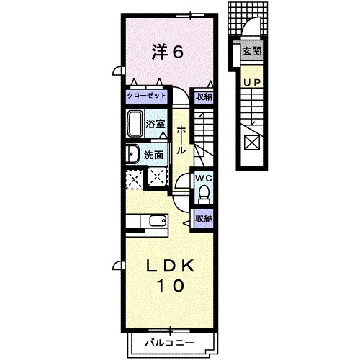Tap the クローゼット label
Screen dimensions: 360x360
coord(148,96)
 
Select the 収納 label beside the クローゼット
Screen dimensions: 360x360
coord(204,96)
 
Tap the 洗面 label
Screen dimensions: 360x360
coord(153,154)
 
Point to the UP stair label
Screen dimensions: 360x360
coord(252,83)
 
